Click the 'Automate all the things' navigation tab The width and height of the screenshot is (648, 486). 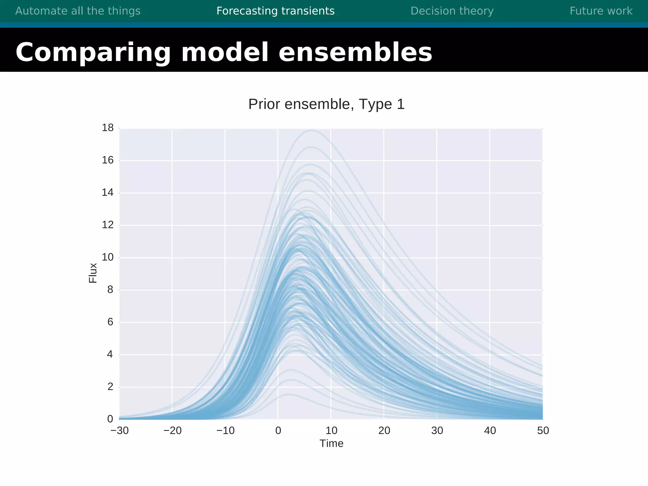(x=78, y=11)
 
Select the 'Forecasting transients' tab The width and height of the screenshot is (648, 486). (x=275, y=11)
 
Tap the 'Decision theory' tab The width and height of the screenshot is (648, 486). (x=452, y=11)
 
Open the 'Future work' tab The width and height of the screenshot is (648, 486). (x=601, y=11)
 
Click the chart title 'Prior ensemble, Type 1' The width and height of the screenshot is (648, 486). (x=326, y=104)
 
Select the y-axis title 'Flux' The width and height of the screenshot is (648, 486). (x=93, y=273)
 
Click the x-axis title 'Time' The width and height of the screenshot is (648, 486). (x=331, y=443)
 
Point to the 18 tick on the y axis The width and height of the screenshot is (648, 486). (x=108, y=128)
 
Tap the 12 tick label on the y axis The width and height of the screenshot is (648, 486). (x=108, y=225)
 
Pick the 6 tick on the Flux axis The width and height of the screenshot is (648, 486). (x=110, y=322)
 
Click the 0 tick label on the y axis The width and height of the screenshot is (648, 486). (x=110, y=419)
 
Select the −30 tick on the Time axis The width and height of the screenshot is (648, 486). (x=120, y=431)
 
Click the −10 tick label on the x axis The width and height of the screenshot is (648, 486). (x=225, y=431)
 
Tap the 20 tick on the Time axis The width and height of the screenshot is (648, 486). (x=384, y=431)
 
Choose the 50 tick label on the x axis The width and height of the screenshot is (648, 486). (x=543, y=431)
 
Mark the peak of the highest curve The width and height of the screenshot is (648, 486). (x=312, y=130)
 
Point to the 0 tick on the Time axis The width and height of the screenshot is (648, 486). (x=278, y=431)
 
